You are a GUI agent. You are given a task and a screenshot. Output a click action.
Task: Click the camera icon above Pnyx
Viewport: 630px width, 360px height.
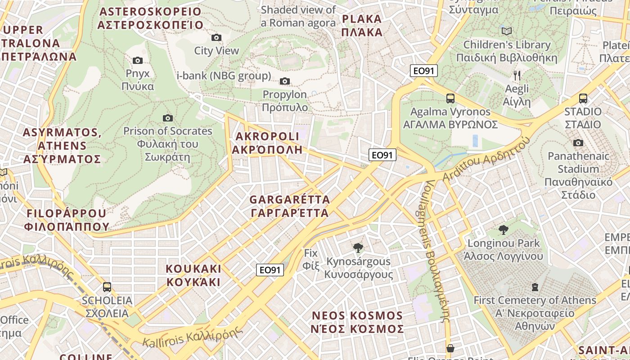pos(138,60)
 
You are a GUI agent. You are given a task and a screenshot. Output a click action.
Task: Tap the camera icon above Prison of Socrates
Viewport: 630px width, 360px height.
pos(168,118)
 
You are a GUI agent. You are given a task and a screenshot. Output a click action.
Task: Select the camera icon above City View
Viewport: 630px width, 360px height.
pos(216,37)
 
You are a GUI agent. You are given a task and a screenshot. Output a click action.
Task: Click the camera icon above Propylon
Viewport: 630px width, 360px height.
pos(285,81)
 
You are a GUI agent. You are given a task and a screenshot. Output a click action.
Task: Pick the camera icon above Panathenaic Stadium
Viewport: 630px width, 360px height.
pos(578,143)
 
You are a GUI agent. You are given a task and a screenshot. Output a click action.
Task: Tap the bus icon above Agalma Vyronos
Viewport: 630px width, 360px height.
pos(450,98)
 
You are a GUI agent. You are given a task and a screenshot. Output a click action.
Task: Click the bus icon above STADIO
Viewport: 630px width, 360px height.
pos(583,98)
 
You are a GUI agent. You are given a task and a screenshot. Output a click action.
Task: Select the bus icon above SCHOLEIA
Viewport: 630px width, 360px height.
pos(107,287)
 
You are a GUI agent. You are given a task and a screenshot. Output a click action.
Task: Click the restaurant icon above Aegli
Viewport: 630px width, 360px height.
pos(517,75)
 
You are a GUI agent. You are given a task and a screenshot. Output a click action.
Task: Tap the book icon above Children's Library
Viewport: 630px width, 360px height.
pos(507,31)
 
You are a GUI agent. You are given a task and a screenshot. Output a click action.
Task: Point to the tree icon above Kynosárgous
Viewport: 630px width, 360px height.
pos(358,247)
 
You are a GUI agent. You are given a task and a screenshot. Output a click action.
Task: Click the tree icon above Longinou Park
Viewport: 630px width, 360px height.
pos(504,230)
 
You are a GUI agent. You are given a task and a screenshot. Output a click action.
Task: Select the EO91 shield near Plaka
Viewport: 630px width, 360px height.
pos(423,71)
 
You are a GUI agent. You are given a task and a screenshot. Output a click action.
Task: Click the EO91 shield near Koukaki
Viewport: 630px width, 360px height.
pos(270,270)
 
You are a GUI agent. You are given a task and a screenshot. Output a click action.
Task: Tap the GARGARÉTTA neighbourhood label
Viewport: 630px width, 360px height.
pos(290,206)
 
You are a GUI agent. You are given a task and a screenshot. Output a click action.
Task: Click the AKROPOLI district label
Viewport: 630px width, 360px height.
pos(267,143)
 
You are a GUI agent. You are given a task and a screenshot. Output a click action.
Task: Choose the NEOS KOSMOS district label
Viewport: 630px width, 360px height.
pos(357,322)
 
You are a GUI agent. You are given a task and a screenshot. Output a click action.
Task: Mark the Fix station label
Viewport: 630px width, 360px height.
pos(311,259)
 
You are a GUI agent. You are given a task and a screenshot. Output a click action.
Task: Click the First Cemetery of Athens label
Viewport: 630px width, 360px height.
pos(535,306)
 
